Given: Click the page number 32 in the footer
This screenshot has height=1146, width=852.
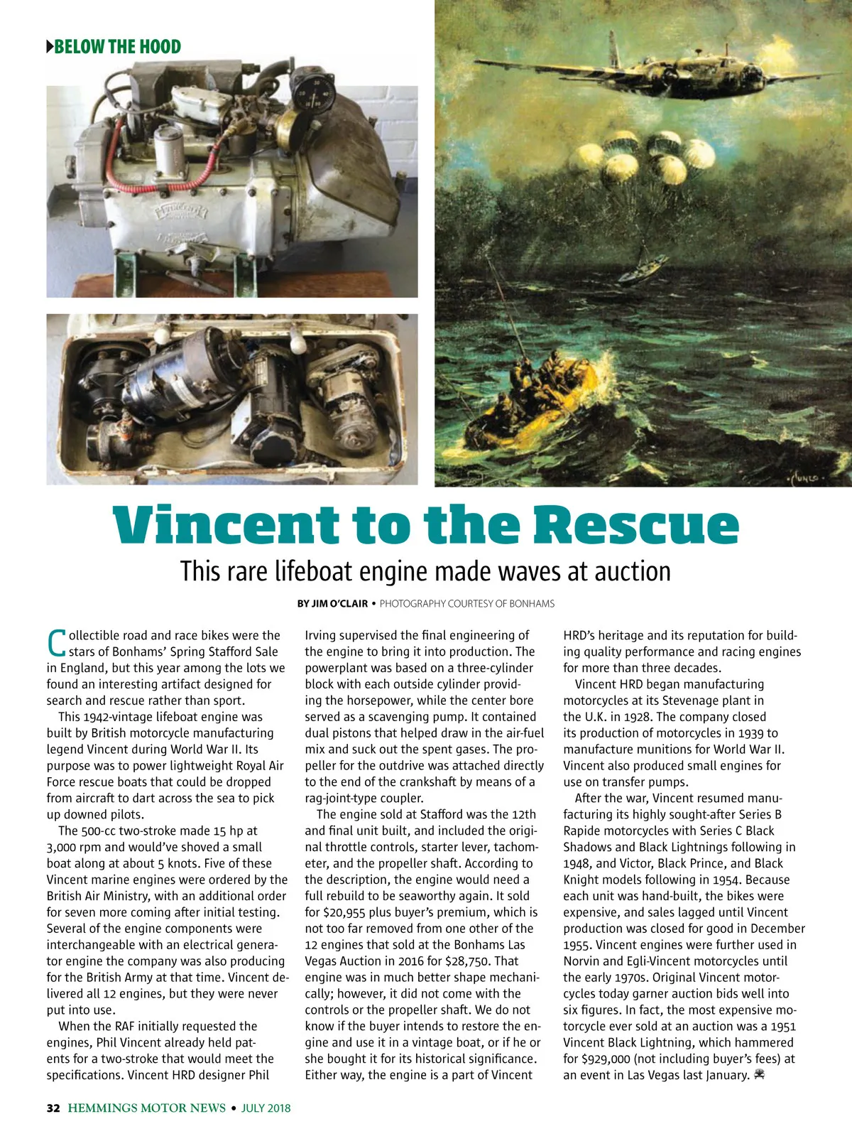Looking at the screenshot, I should [53, 1108].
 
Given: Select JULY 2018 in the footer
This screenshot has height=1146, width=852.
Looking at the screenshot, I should [266, 1108].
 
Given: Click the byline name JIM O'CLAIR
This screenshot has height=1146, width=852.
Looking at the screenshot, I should [339, 604].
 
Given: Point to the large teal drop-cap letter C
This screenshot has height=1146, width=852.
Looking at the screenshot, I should [56, 642].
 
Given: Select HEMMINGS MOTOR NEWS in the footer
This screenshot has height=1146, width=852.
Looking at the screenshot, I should [146, 1108].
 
